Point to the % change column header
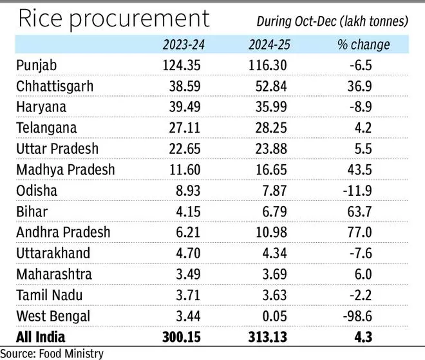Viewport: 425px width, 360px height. (363, 44)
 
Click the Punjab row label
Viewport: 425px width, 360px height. (38, 66)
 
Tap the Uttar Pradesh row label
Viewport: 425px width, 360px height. (57, 149)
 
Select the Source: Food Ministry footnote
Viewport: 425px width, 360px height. (51, 353)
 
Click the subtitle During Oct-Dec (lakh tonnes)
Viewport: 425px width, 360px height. (333, 21)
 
